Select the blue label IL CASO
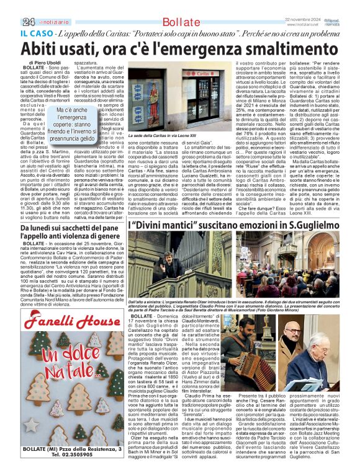click(36, 32)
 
